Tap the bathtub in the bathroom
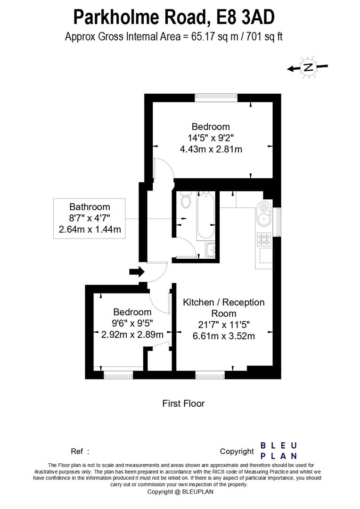(x=205, y=215)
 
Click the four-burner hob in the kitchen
(x=263, y=240)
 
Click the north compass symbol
(x=308, y=67)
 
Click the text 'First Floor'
(x=183, y=403)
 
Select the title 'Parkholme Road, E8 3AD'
(x=174, y=17)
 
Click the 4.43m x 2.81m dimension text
(x=211, y=149)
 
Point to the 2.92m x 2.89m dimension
(x=132, y=335)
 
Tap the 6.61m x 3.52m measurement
(x=224, y=336)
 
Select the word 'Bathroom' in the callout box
(x=90, y=206)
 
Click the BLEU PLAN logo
(x=278, y=451)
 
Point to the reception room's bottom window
(x=210, y=376)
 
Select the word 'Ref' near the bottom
(x=77, y=451)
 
